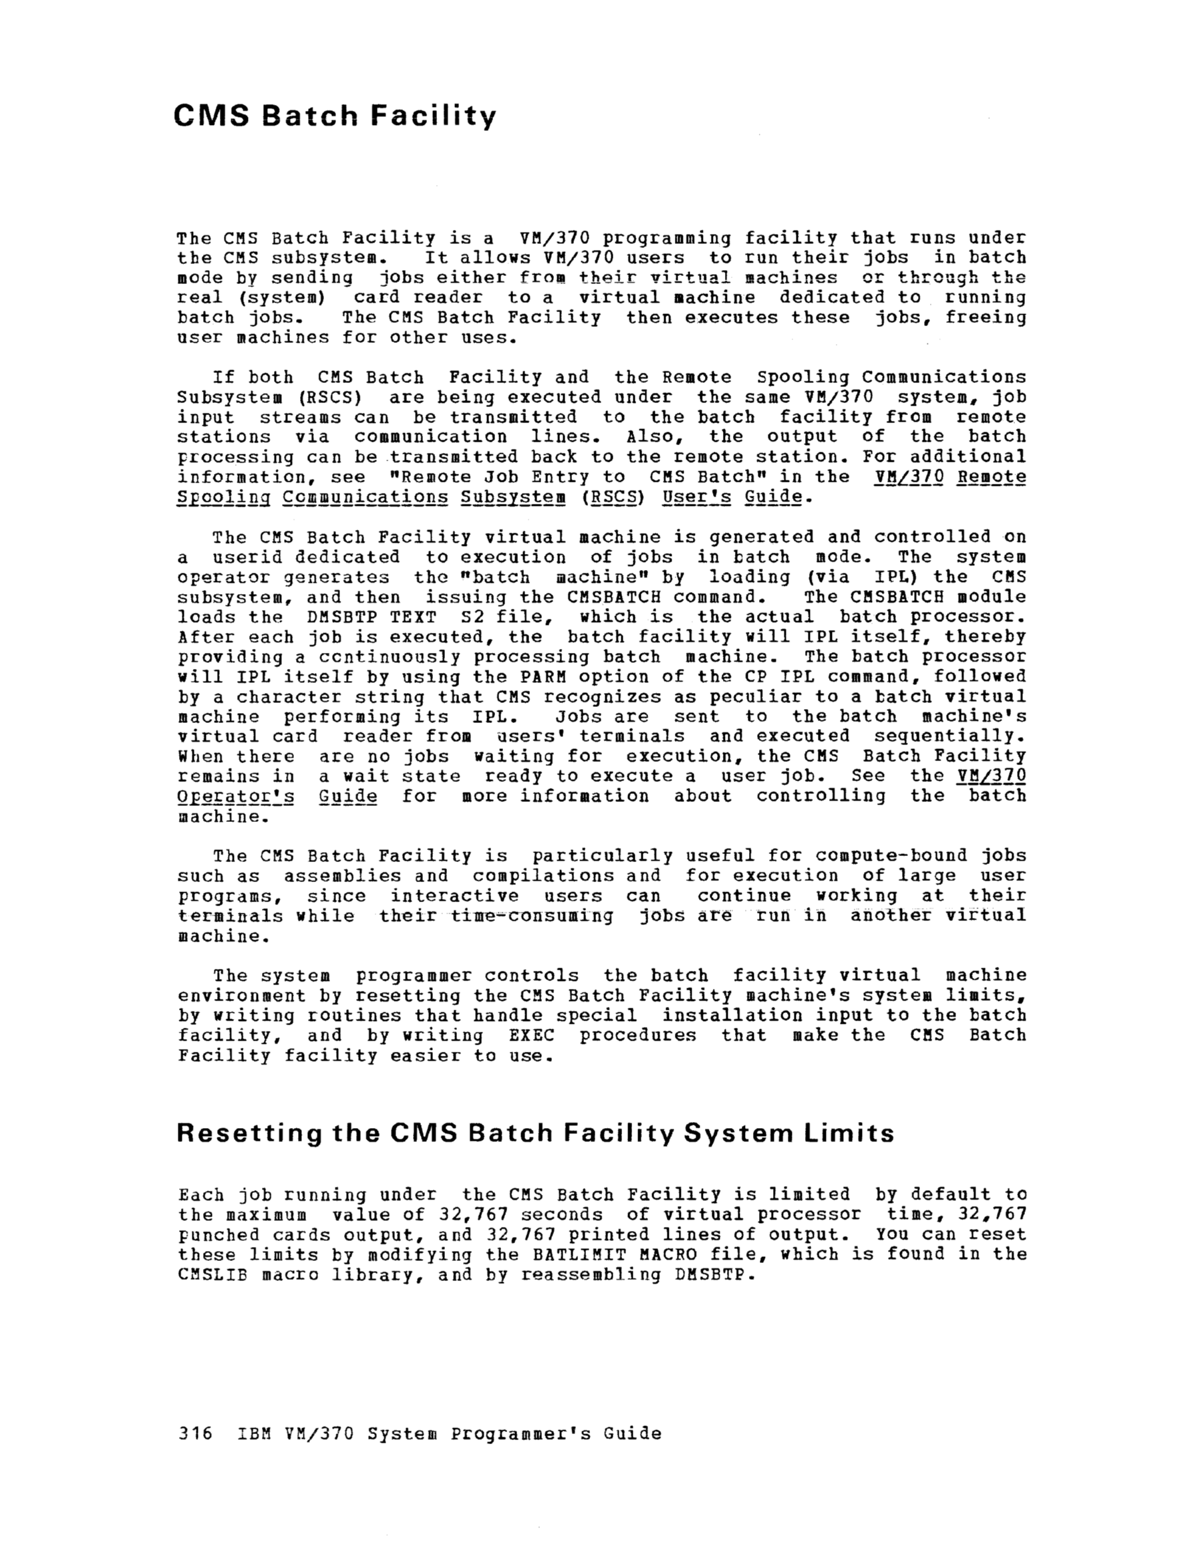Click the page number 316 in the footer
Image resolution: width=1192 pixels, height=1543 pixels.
pos(195,1433)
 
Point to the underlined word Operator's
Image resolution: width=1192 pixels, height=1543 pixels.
pos(236,797)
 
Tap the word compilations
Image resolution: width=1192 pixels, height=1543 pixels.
pos(543,876)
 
